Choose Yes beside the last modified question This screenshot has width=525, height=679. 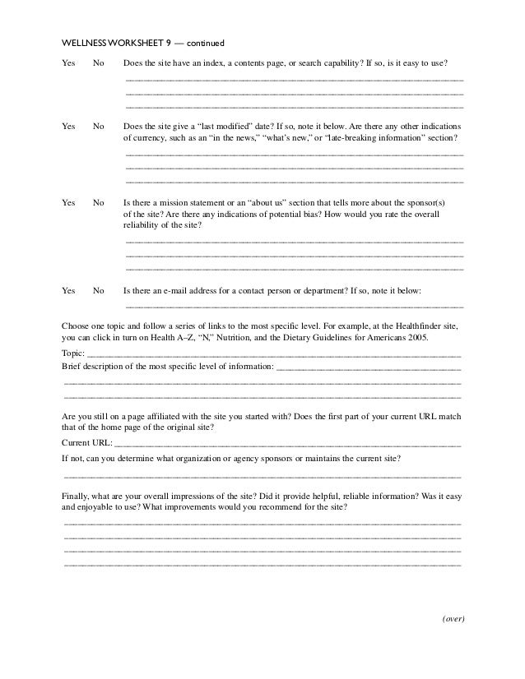click(68, 127)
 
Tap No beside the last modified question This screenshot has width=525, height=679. click(99, 127)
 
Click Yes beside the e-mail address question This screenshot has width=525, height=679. click(68, 290)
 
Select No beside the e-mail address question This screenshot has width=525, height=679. click(99, 290)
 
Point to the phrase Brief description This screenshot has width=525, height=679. click(91, 366)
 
